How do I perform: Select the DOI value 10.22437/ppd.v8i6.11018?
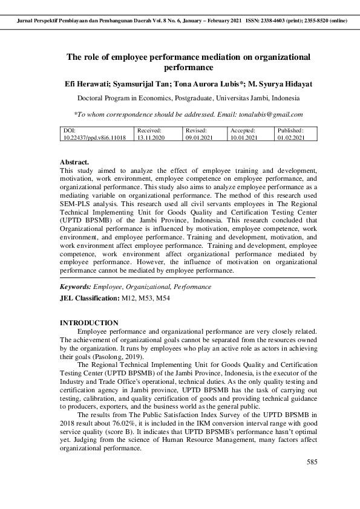pos(94,138)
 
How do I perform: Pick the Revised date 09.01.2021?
pos(199,138)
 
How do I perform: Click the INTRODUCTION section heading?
pos(89,323)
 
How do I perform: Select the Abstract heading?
pos(74,163)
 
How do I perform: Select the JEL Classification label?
pos(88,299)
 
